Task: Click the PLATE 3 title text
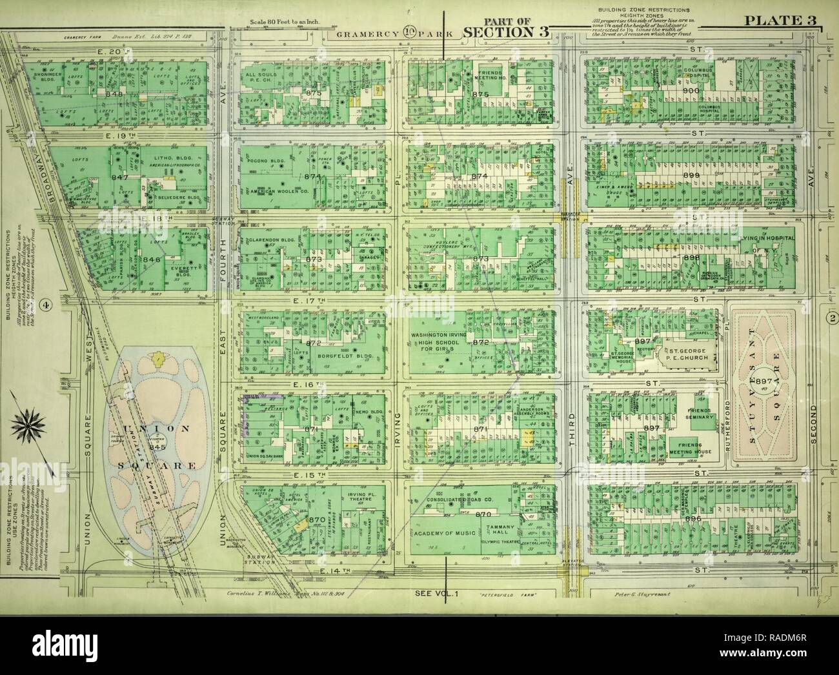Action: [x=780, y=20]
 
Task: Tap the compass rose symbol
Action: [x=26, y=425]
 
